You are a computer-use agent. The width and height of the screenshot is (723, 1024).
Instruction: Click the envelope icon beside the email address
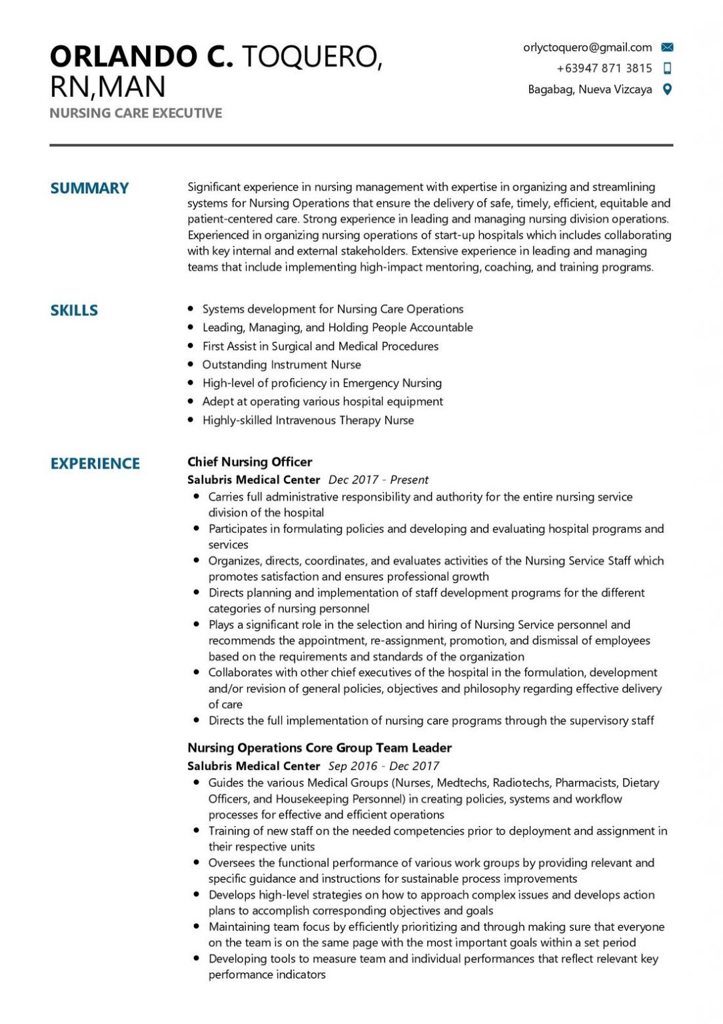667,47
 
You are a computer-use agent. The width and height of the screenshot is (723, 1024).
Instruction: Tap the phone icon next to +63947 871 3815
667,68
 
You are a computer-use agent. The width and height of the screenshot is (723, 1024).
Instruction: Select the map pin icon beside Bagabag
667,89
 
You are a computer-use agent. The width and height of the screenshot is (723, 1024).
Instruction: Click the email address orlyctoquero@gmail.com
587,47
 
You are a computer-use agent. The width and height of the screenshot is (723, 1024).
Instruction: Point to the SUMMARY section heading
89,188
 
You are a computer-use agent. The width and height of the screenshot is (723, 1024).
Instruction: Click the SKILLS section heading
74,310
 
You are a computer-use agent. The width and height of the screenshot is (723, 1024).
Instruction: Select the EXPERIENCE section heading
95,463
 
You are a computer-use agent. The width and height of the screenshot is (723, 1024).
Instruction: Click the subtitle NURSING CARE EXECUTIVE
135,113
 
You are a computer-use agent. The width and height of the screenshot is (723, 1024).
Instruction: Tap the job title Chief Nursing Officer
249,461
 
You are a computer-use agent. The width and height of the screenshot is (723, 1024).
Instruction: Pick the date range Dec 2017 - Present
378,479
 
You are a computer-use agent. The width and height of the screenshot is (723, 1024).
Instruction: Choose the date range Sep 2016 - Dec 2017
383,766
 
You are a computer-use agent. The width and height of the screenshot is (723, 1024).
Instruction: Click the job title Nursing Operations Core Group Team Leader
319,748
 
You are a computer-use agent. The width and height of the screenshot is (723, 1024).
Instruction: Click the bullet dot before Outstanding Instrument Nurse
191,365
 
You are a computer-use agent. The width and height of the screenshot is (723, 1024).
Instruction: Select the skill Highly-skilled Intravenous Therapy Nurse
308,420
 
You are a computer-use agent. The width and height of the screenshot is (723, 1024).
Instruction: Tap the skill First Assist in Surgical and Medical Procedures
321,346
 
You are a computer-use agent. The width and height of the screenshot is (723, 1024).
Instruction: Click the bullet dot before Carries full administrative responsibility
196,497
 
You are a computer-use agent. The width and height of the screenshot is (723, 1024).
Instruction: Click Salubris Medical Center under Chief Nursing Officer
253,479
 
